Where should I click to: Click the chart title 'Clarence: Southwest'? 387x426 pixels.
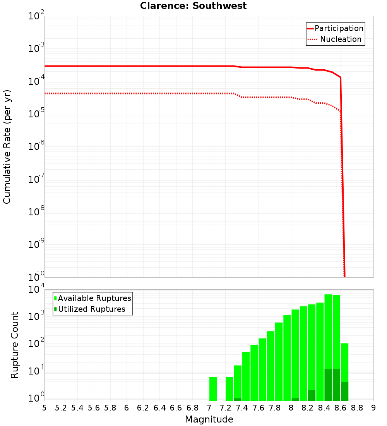coord(193,6)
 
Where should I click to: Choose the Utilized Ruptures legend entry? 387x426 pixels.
coord(91,309)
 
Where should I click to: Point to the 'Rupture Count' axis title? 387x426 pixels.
coord(15,345)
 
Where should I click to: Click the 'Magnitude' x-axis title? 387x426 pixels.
coord(209,419)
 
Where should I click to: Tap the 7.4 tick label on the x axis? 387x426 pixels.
coord(242,408)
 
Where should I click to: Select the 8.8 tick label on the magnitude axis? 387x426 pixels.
coord(357,408)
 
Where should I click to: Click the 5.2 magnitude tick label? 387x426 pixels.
coord(61,408)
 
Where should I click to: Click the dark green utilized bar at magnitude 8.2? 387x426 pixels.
coord(312,395)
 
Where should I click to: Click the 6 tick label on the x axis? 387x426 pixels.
coord(127,408)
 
